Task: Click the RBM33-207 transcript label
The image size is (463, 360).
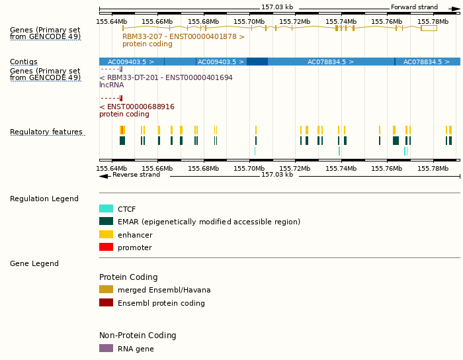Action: click(183, 37)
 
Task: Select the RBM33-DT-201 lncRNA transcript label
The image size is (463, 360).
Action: click(166, 77)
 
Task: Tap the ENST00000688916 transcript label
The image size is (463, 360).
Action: click(137, 107)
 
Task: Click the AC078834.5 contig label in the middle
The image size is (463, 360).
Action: click(330, 62)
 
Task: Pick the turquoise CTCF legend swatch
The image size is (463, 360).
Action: click(106, 208)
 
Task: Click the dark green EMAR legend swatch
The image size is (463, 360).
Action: click(106, 222)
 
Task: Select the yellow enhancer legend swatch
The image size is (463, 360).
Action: click(106, 234)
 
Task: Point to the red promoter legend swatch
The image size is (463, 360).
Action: click(106, 247)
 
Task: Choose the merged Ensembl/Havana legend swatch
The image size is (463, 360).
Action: click(106, 289)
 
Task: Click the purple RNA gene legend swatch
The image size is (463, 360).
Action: click(106, 348)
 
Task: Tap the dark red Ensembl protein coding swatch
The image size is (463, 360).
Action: click(106, 302)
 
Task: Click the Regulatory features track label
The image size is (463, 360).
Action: click(46, 132)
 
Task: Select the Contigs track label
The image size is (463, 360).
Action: click(24, 62)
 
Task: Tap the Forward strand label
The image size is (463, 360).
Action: click(414, 7)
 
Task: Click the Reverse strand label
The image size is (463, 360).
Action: click(136, 175)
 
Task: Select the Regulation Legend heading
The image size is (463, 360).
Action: click(44, 199)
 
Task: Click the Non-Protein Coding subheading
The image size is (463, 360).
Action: click(138, 336)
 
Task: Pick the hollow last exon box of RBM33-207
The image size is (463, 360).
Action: click(429, 28)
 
